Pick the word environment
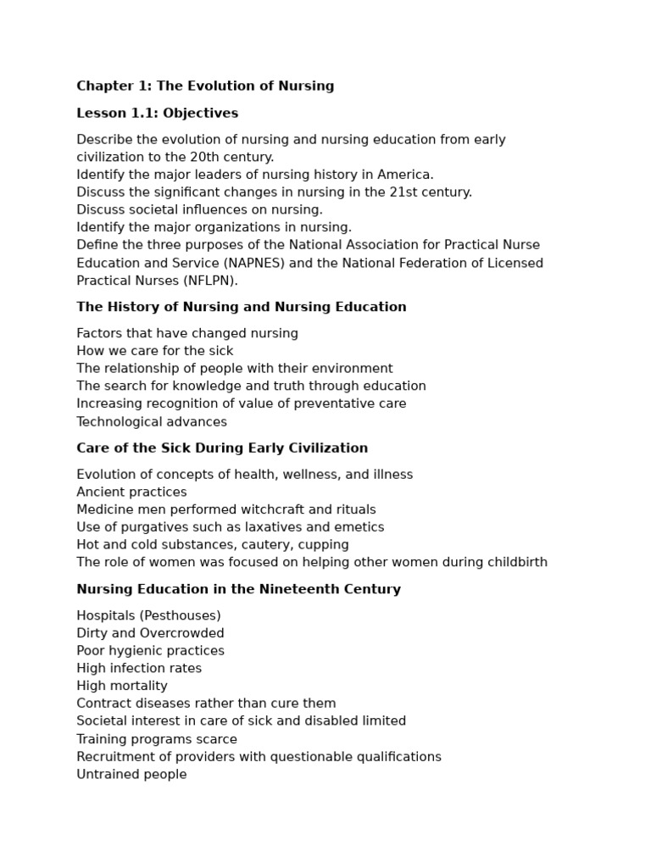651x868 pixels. point(350,369)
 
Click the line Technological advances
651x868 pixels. point(152,421)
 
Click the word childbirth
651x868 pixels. point(515,562)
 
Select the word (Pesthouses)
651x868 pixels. point(181,615)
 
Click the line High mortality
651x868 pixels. point(122,686)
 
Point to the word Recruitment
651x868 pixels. point(114,757)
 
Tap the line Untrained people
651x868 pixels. point(131,774)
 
